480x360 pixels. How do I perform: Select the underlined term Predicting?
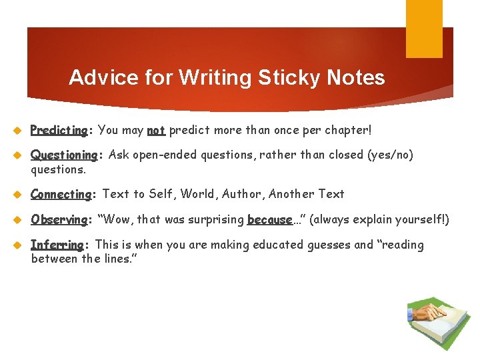(x=59, y=131)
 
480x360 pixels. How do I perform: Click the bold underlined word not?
(x=156, y=131)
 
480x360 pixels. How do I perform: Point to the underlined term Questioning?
(x=64, y=155)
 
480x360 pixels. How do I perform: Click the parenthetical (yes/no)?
(x=390, y=155)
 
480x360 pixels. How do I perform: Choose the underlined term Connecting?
(x=61, y=194)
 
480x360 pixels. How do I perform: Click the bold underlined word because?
(x=270, y=219)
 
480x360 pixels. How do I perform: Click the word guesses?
(x=328, y=245)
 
